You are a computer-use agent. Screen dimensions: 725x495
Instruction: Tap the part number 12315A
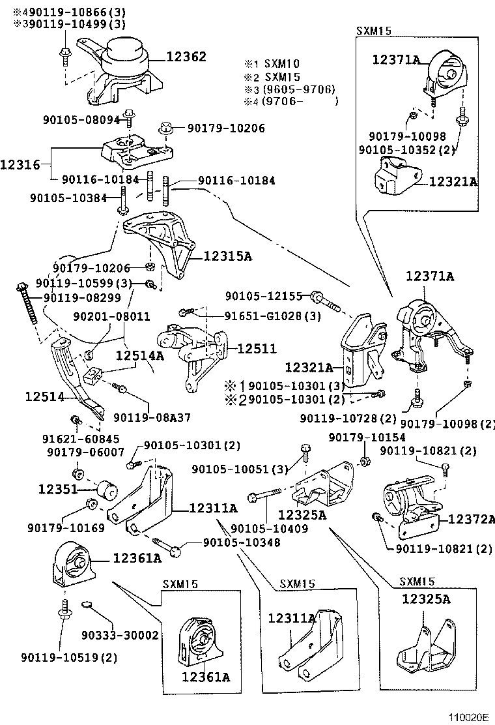click(228, 256)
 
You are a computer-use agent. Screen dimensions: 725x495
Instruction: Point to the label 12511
click(257, 349)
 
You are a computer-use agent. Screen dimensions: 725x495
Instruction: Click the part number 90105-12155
click(264, 296)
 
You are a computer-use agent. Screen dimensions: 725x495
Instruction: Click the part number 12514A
click(140, 356)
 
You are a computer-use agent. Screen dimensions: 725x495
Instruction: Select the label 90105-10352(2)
click(406, 149)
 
